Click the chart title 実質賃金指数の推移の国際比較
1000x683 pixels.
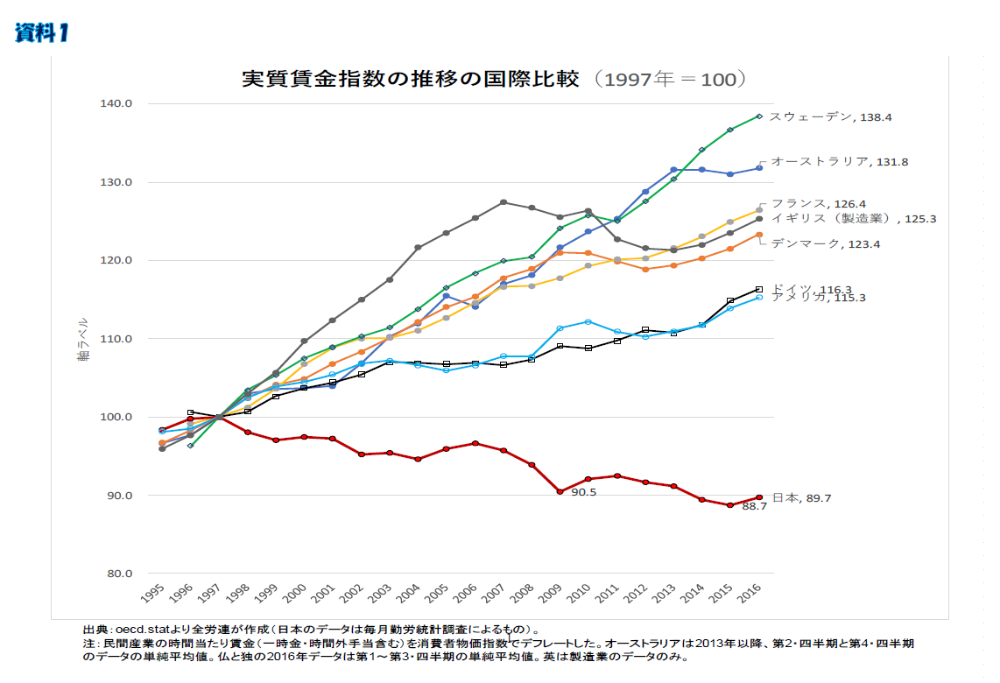click(x=411, y=79)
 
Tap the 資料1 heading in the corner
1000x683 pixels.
click(x=41, y=33)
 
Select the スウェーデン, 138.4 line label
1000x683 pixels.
click(x=830, y=116)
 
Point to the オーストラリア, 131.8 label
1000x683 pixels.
click(x=839, y=162)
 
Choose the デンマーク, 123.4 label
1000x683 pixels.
click(x=818, y=244)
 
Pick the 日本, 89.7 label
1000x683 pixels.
click(x=801, y=498)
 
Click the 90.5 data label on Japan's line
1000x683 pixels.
click(x=583, y=493)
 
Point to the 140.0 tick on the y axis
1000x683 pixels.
click(x=116, y=103)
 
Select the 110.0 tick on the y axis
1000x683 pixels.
click(x=116, y=339)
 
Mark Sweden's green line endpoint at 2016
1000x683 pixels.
click(x=759, y=116)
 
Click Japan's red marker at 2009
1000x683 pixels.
click(x=559, y=492)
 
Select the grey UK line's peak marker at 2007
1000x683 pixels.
click(x=504, y=202)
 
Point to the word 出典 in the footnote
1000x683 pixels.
click(x=95, y=629)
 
